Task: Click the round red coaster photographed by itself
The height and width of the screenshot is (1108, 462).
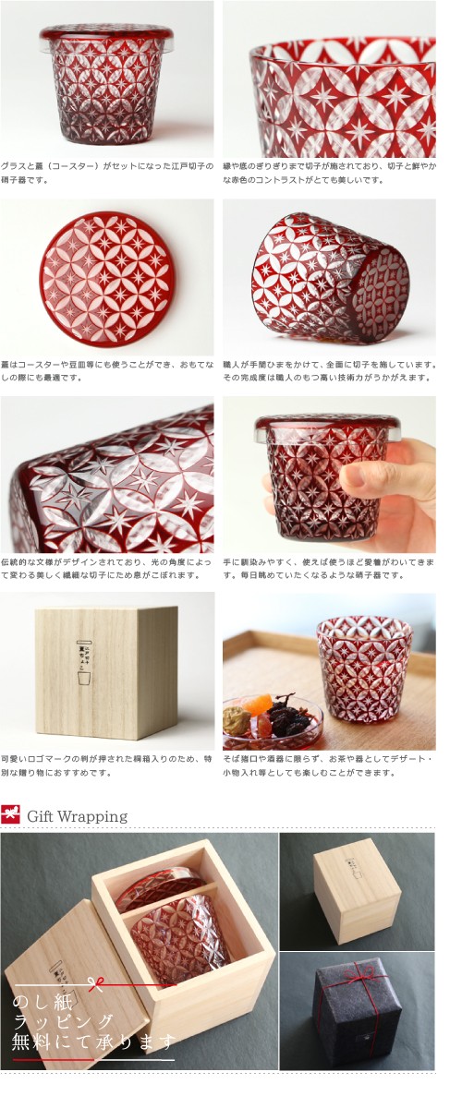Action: point(105,279)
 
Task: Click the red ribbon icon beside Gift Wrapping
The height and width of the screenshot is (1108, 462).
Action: point(11,815)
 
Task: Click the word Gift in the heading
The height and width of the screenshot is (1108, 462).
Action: point(44,816)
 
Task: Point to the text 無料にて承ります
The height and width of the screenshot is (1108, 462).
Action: point(92,1043)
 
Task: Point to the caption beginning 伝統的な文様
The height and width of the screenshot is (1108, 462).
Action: point(106,569)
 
